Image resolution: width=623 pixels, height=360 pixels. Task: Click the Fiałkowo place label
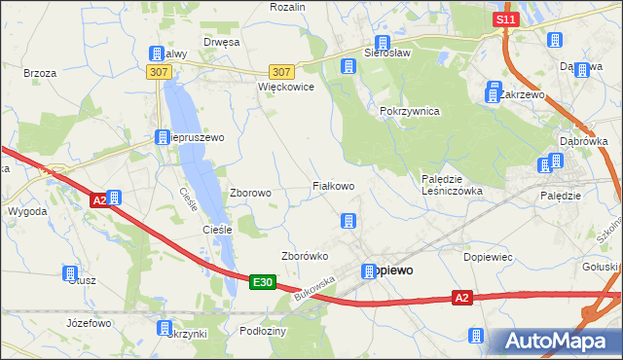tap(332, 185)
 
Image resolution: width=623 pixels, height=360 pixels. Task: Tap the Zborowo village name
tap(250, 193)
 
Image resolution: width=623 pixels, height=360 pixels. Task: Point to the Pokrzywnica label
tap(410, 111)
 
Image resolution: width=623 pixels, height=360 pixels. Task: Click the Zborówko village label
tap(304, 257)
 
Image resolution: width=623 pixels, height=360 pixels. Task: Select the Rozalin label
tap(288, 7)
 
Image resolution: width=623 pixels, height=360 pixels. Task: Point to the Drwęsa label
tap(221, 42)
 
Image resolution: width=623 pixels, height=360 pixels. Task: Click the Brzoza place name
tap(40, 73)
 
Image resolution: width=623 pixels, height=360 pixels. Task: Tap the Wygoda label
tap(27, 210)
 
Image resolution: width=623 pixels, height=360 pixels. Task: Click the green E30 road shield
tap(261, 282)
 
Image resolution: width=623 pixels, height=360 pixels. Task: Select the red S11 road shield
tap(503, 19)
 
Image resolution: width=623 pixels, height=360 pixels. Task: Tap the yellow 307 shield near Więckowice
tap(281, 72)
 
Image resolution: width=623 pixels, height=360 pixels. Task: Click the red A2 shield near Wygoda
tap(98, 200)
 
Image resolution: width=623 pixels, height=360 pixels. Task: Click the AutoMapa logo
tap(559, 341)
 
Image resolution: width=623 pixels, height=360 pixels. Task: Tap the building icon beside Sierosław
tap(383, 44)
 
